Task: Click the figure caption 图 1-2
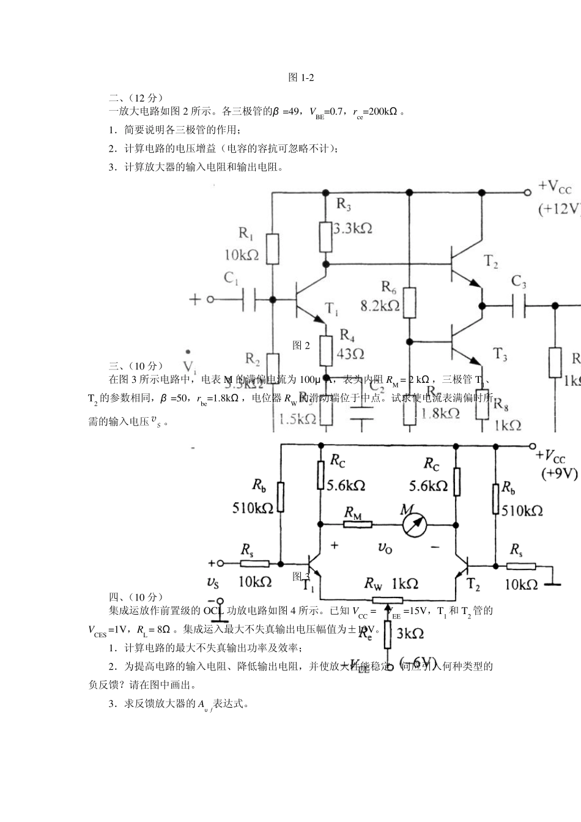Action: point(301,78)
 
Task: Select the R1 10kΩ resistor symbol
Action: point(273,247)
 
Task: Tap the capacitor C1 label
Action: point(231,278)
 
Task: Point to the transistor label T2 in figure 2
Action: point(491,262)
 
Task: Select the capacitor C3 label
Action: point(519,282)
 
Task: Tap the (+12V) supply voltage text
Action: point(558,209)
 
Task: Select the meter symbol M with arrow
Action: point(414,524)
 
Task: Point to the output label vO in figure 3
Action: point(385,548)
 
